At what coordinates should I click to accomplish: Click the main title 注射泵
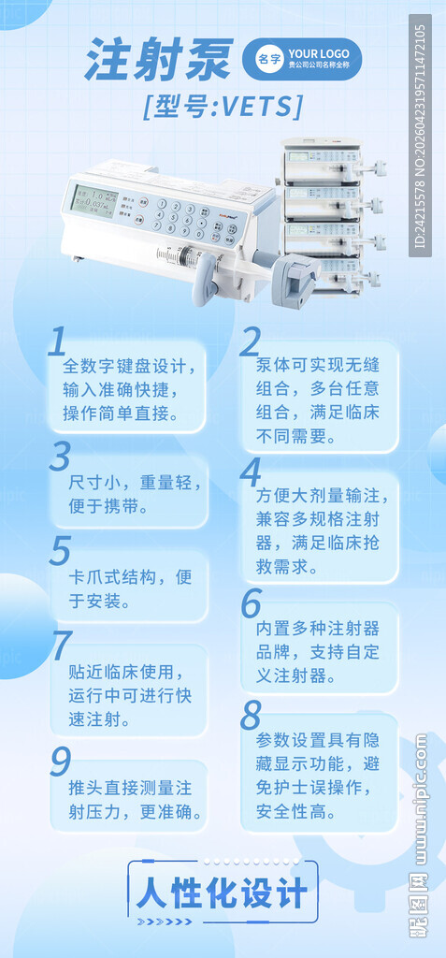pyautogui.click(x=159, y=61)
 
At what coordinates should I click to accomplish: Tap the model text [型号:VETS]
pyautogui.click(x=223, y=107)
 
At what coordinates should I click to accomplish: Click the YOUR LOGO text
pyautogui.click(x=318, y=53)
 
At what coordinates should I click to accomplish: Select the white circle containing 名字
pyautogui.click(x=269, y=59)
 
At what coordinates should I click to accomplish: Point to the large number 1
pyautogui.click(x=58, y=342)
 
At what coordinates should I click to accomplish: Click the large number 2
pyautogui.click(x=251, y=342)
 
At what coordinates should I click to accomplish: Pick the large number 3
pyautogui.click(x=61, y=456)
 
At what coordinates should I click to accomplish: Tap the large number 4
pyautogui.click(x=251, y=473)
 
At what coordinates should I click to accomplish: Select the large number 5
pyautogui.click(x=61, y=550)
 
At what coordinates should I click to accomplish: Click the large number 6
pyautogui.click(x=251, y=604)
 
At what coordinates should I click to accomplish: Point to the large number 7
pyautogui.click(x=61, y=646)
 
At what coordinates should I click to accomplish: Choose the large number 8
pyautogui.click(x=251, y=716)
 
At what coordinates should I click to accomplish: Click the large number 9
pyautogui.click(x=61, y=760)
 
